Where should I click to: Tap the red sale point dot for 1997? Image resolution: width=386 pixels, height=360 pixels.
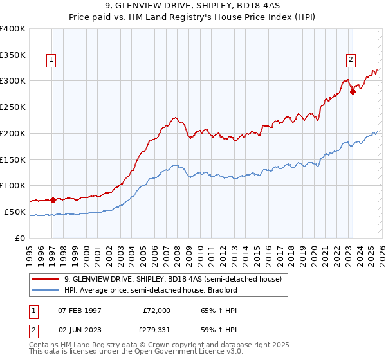(53, 200)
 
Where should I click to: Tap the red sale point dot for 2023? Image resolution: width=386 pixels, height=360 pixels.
(353, 91)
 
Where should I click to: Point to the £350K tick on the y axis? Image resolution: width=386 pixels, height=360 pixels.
(13, 55)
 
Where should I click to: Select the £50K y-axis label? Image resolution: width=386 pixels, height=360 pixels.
(15, 212)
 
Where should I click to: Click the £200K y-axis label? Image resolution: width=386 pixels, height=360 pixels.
(13, 133)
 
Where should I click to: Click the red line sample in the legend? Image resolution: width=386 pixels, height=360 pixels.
(46, 280)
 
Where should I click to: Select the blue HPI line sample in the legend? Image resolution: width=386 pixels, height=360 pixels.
(46, 290)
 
